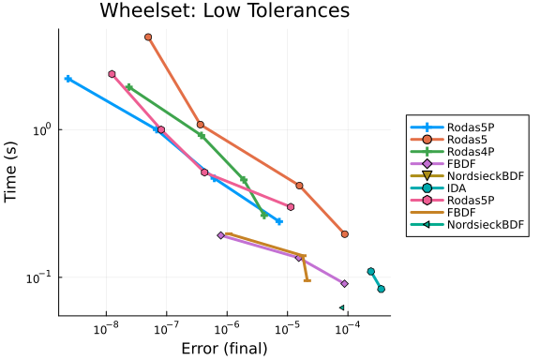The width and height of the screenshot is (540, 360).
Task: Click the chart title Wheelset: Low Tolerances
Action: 225,10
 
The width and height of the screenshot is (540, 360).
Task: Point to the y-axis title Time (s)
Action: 10,172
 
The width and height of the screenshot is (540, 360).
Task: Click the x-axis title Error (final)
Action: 225,349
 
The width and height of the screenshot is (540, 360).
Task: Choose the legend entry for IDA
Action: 439,188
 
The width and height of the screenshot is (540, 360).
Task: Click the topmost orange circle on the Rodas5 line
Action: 148,37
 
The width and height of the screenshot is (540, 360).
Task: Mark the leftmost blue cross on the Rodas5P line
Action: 68,79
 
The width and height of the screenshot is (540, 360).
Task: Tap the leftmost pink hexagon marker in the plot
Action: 112,74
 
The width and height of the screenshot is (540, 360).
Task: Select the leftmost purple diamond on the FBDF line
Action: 220,235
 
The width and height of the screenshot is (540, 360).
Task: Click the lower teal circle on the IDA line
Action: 381,289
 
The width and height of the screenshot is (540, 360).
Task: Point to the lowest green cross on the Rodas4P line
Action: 264,216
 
